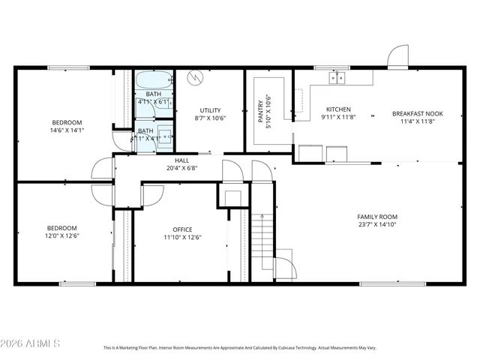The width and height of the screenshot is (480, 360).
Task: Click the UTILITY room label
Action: (x=210, y=110)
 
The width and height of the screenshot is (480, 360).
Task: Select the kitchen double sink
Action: (x=337, y=76)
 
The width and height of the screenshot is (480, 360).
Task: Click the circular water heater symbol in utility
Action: (x=196, y=77)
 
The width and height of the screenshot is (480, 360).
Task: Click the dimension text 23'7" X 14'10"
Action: (x=376, y=223)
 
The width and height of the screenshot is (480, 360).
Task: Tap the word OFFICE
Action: (x=182, y=229)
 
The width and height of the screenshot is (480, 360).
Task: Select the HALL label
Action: (x=181, y=160)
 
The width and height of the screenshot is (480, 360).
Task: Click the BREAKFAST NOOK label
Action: (x=418, y=114)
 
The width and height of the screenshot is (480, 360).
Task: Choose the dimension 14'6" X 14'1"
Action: (x=67, y=130)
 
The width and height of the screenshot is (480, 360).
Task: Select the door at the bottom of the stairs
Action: (x=285, y=268)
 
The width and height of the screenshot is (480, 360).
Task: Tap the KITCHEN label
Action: (x=337, y=109)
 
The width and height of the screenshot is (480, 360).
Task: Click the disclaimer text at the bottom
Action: (x=240, y=348)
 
